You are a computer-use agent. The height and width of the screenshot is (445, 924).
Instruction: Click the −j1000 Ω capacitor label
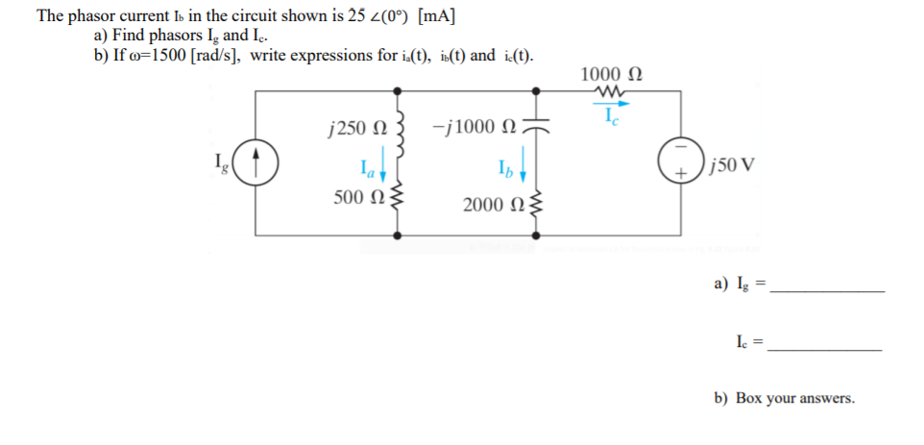point(474,129)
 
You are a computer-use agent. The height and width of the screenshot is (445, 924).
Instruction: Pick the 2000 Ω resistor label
point(488,206)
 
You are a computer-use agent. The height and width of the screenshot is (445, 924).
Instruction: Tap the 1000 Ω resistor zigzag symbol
point(611,92)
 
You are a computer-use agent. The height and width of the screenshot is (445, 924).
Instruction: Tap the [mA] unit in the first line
point(436,16)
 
